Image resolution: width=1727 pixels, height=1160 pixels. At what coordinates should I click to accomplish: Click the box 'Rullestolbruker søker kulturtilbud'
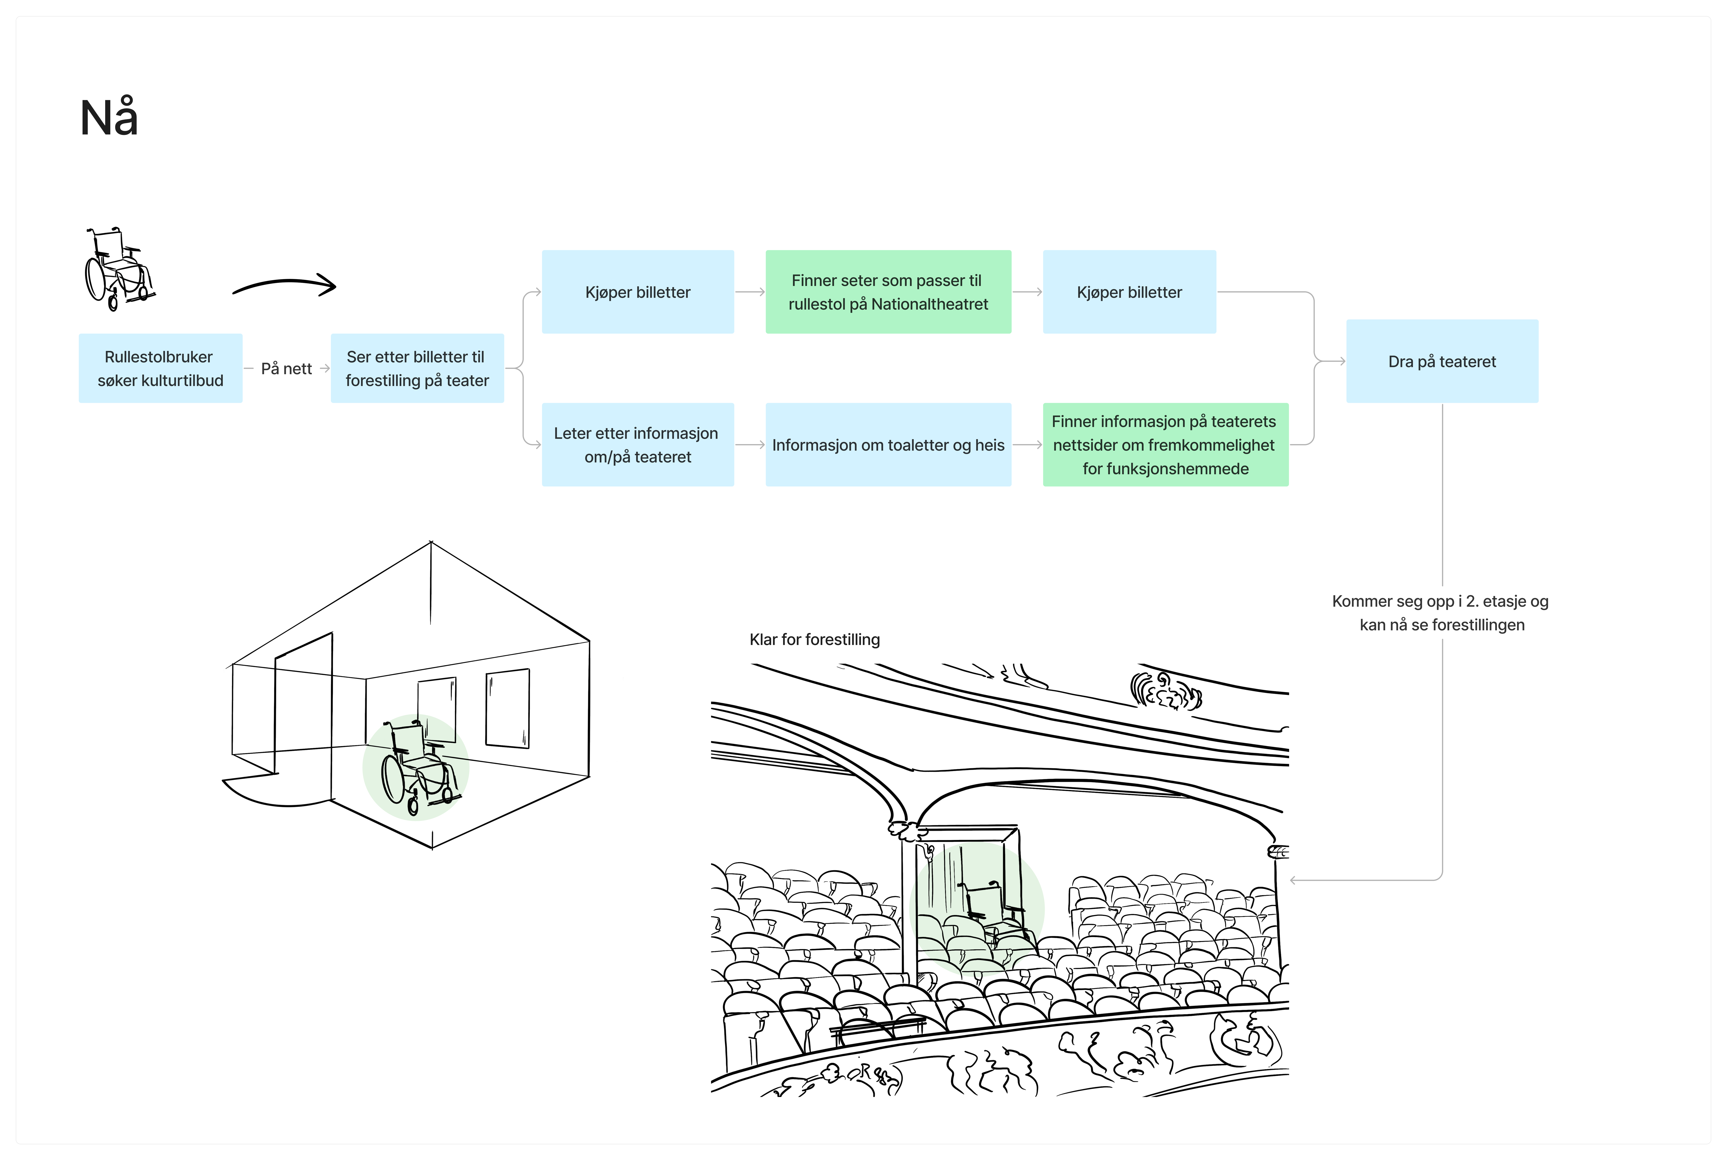point(160,368)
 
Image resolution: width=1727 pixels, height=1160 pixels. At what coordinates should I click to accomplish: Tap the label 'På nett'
point(286,368)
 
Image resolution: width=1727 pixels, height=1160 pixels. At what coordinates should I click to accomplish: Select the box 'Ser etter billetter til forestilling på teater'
point(417,368)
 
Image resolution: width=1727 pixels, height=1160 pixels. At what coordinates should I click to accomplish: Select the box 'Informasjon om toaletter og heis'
point(888,445)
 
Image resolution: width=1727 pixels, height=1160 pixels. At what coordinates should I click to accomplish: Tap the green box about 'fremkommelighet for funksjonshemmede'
point(1165,445)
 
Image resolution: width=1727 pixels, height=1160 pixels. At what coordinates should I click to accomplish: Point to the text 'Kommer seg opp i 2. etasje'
point(1440,601)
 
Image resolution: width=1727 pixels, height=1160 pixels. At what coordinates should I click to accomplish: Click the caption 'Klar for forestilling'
point(815,639)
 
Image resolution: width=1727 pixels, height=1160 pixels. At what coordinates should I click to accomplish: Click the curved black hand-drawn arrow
point(285,285)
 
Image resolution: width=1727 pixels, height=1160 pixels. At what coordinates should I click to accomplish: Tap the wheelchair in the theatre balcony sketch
point(991,910)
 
